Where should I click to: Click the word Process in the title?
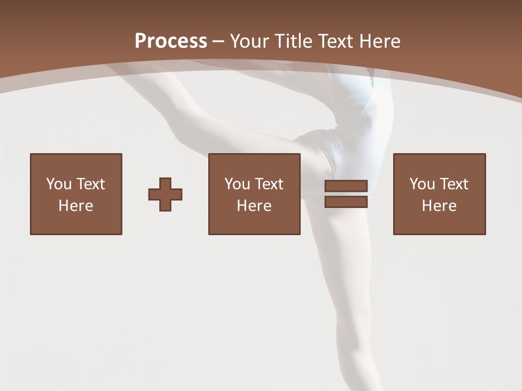[x=171, y=41]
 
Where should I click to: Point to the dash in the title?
[x=219, y=41]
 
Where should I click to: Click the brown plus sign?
[x=165, y=194]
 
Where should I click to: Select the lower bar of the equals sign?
[x=346, y=201]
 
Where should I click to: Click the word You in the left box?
[x=59, y=184]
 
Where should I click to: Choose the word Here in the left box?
[x=76, y=206]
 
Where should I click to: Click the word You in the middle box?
[x=237, y=184]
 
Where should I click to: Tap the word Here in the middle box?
[x=254, y=206]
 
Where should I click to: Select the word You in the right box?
[x=422, y=184]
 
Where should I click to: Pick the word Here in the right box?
[x=439, y=206]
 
